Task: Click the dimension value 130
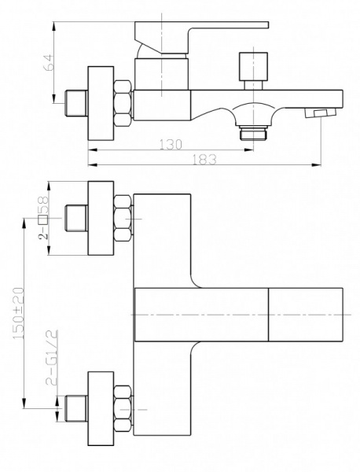coord(171,145)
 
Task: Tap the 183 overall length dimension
coord(204,159)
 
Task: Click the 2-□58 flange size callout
coord(43,218)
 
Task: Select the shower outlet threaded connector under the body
coord(253,134)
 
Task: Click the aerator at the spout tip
coord(320,114)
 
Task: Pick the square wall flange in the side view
coord(101,103)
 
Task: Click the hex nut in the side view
coord(123,103)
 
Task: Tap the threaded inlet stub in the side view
coord(76,103)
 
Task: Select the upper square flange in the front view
coord(101,218)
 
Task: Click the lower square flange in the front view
coord(101,408)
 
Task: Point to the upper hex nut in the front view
coord(123,218)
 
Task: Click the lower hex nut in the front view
coord(123,408)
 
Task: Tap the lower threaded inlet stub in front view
coord(76,408)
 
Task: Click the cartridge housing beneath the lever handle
coord(162,75)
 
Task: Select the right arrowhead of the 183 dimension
coord(317,164)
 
